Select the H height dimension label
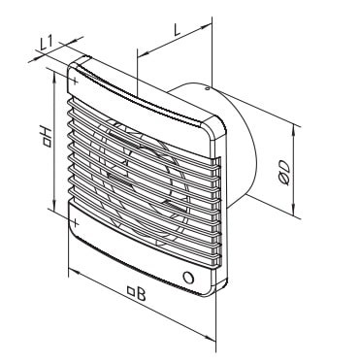pos(47,136)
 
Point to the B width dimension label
pos(142,294)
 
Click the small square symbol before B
pos(131,291)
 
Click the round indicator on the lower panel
pos(188,278)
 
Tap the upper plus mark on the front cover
pos(75,81)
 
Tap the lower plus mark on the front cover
pos(75,222)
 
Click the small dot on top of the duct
pos(207,88)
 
